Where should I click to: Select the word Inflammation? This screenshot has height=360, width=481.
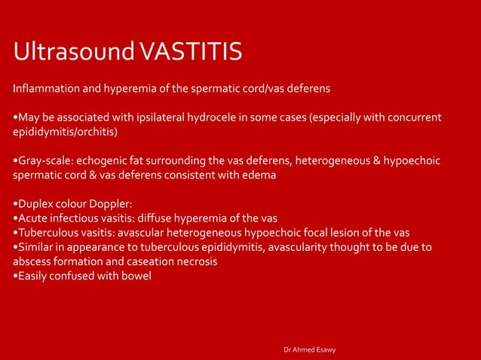[x=44, y=89]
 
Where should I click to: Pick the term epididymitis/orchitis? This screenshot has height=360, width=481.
[x=64, y=132]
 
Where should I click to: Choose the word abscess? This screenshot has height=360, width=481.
[x=34, y=261]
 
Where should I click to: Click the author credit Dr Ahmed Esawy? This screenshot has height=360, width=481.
[x=310, y=349]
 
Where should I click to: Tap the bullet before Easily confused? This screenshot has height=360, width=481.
[x=16, y=276]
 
